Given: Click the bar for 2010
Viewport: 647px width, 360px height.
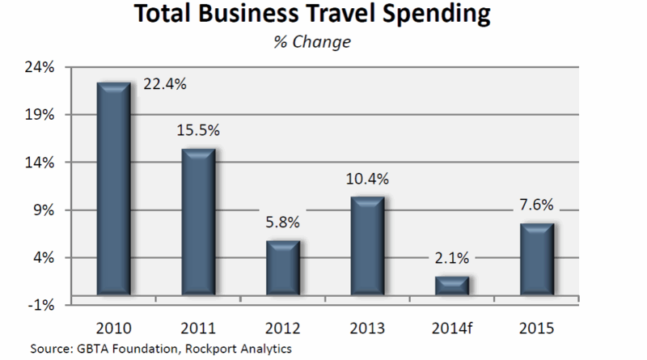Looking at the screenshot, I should click(114, 188).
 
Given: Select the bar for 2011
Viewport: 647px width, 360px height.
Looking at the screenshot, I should click(198, 220).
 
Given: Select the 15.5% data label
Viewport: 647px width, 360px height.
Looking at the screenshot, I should click(198, 129).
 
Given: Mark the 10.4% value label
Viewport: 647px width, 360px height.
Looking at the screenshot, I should click(366, 177).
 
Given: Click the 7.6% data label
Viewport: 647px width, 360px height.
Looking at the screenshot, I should click(535, 204).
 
